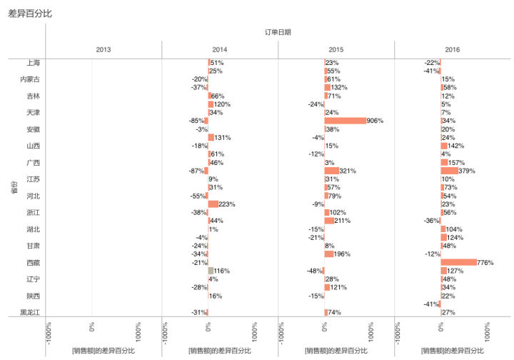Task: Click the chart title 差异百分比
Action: coord(30,14)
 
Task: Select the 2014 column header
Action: coord(220,49)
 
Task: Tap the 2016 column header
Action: coord(453,49)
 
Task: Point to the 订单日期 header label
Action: coord(278,32)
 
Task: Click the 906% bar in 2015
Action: coord(345,121)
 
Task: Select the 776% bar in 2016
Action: coord(458,262)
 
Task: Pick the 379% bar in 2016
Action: coord(449,171)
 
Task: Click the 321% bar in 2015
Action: coord(331,171)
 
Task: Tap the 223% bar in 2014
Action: coord(213,204)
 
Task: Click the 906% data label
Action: coord(375,121)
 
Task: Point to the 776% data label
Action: coord(485,263)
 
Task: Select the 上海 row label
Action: coord(33,63)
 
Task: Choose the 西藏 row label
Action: coord(33,263)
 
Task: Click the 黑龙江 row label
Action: coord(30,312)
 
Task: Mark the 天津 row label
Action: coord(33,113)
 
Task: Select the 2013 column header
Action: coord(104,49)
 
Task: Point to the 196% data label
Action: coord(341,254)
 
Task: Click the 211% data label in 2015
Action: coord(342,221)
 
